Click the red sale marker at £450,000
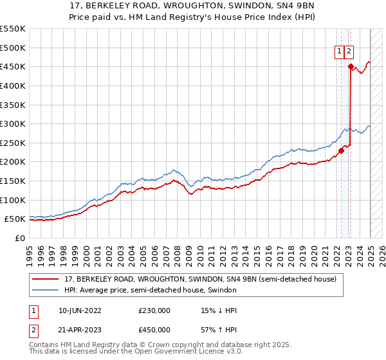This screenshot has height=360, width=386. click(351, 66)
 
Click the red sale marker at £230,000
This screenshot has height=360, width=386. click(341, 150)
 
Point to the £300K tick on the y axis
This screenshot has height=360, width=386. click(13, 123)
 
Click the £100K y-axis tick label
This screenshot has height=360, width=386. click(13, 200)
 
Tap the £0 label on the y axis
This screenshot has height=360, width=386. click(19, 238)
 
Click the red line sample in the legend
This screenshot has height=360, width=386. click(46, 280)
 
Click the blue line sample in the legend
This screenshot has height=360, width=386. click(46, 291)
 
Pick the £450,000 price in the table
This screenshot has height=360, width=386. click(154, 330)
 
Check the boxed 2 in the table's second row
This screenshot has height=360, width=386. click(32, 330)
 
